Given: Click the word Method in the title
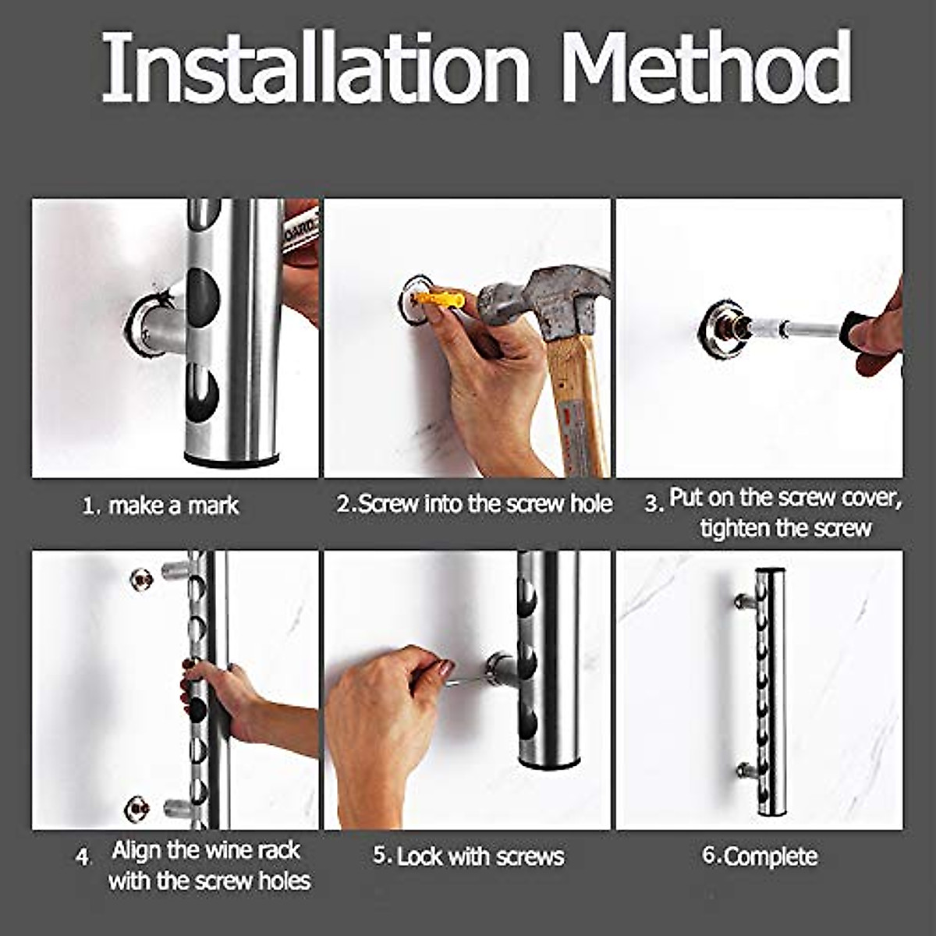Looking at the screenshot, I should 706,68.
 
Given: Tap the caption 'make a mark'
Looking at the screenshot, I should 173,505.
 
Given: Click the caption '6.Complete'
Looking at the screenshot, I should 760,856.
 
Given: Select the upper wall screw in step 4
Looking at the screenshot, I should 141,580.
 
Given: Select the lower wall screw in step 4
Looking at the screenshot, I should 137,809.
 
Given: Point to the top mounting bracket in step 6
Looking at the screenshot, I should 744,601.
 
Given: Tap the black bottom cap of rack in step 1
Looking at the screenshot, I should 231,462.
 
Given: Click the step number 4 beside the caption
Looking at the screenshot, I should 83,857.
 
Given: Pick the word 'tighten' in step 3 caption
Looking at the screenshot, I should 732,529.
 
